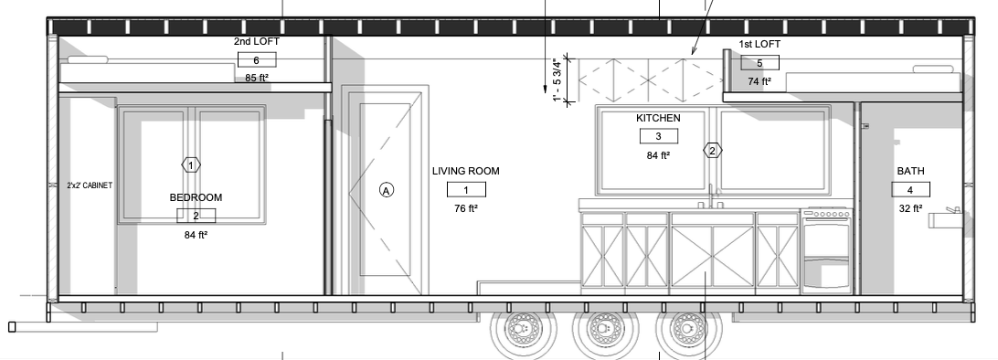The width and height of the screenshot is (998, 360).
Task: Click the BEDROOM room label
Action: (x=196, y=197)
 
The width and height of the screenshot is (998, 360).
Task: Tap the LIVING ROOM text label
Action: (x=466, y=171)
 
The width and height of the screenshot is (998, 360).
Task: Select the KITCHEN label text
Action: (x=658, y=118)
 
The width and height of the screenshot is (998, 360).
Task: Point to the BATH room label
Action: (x=911, y=171)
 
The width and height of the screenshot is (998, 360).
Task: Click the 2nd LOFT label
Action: (x=257, y=41)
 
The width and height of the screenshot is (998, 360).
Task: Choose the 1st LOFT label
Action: (x=759, y=44)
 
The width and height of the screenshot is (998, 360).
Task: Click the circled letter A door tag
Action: (x=387, y=189)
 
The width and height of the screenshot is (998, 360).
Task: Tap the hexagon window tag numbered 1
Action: (x=191, y=165)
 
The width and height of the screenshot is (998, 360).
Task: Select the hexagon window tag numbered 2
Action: (x=713, y=151)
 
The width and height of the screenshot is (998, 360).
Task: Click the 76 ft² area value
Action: (x=466, y=208)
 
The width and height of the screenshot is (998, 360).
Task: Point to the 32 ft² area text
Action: (x=911, y=208)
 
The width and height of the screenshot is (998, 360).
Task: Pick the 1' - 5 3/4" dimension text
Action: (x=558, y=80)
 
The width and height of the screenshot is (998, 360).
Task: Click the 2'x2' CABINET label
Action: (x=90, y=185)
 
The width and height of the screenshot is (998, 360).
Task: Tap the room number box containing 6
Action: (x=257, y=60)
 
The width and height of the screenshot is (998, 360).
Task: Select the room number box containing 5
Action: (x=760, y=63)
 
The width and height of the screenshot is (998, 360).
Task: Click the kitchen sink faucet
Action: (x=710, y=197)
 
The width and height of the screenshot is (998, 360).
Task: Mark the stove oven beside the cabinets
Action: (x=827, y=250)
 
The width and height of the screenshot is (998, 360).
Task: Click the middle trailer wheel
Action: (x=603, y=328)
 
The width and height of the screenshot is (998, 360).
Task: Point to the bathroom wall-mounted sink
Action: (x=945, y=218)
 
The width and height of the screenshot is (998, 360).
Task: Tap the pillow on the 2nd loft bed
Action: (x=88, y=59)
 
